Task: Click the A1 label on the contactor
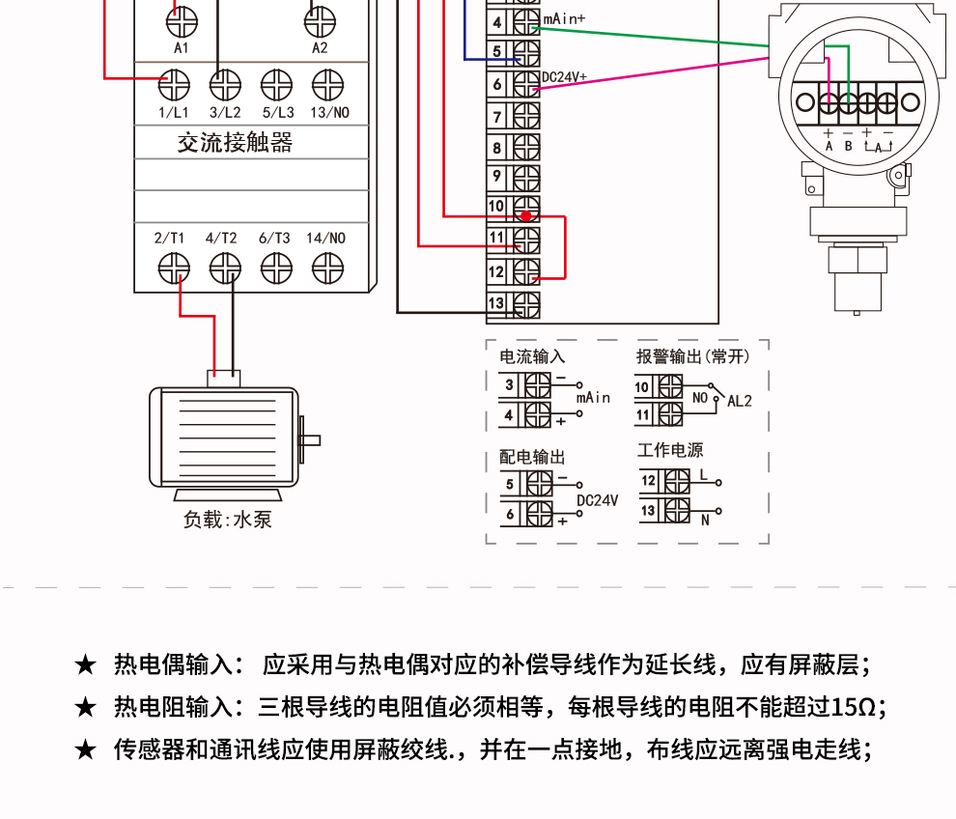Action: coord(181,46)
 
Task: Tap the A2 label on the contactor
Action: coord(320,46)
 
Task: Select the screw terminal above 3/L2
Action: coord(225,84)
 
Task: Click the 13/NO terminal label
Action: coord(329,112)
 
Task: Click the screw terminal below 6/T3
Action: coord(276,267)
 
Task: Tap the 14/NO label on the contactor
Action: coord(325,238)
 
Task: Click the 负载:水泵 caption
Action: coord(228,520)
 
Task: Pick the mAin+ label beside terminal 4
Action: coord(564,18)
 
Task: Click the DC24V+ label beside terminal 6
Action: coord(564,77)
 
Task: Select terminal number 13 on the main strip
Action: coord(495,303)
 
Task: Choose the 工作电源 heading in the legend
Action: coord(670,450)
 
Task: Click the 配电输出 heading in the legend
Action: coord(532,457)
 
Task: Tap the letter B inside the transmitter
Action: coord(849,146)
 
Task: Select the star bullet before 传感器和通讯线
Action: coord(86,749)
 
